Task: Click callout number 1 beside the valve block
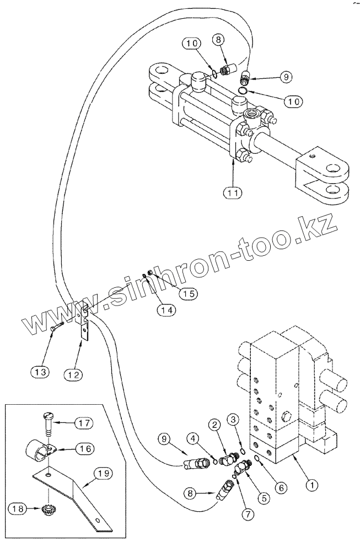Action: (x=311, y=485)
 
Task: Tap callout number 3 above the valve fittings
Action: (x=233, y=421)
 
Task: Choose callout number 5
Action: (x=264, y=496)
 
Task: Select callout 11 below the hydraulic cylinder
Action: (x=232, y=193)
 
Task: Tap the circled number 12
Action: (x=75, y=374)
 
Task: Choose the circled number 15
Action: (x=188, y=293)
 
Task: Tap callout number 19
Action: (x=105, y=473)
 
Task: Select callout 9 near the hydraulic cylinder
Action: (x=285, y=78)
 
